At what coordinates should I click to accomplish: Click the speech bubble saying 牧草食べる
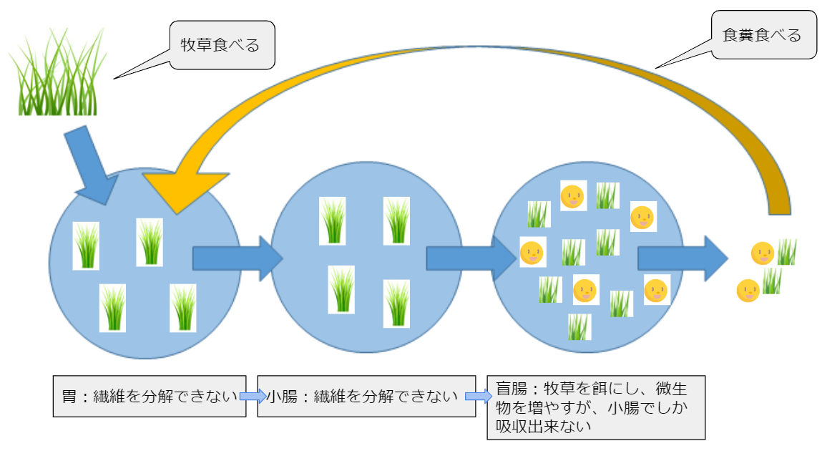click(222, 45)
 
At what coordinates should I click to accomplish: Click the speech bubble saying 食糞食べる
click(763, 34)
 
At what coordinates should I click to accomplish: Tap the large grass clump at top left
click(58, 72)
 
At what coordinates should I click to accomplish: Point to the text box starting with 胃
click(150, 397)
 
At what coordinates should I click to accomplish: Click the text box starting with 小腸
click(366, 397)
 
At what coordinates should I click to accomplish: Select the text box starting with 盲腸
click(596, 407)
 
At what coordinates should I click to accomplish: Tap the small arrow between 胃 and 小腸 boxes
click(253, 397)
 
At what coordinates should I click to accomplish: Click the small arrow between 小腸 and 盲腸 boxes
click(479, 397)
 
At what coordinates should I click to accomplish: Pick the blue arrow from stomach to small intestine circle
click(238, 258)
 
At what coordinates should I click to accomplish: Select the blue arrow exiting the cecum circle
click(683, 258)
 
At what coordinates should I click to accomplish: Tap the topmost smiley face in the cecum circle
click(573, 196)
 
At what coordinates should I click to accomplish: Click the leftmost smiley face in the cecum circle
click(533, 252)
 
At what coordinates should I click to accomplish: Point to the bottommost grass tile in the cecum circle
click(579, 326)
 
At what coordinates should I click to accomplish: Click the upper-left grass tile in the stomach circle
click(86, 246)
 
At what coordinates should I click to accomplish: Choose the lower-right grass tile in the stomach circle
click(183, 309)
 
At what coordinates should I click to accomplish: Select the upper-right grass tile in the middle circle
click(396, 220)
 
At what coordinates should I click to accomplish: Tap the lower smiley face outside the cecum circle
click(748, 291)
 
